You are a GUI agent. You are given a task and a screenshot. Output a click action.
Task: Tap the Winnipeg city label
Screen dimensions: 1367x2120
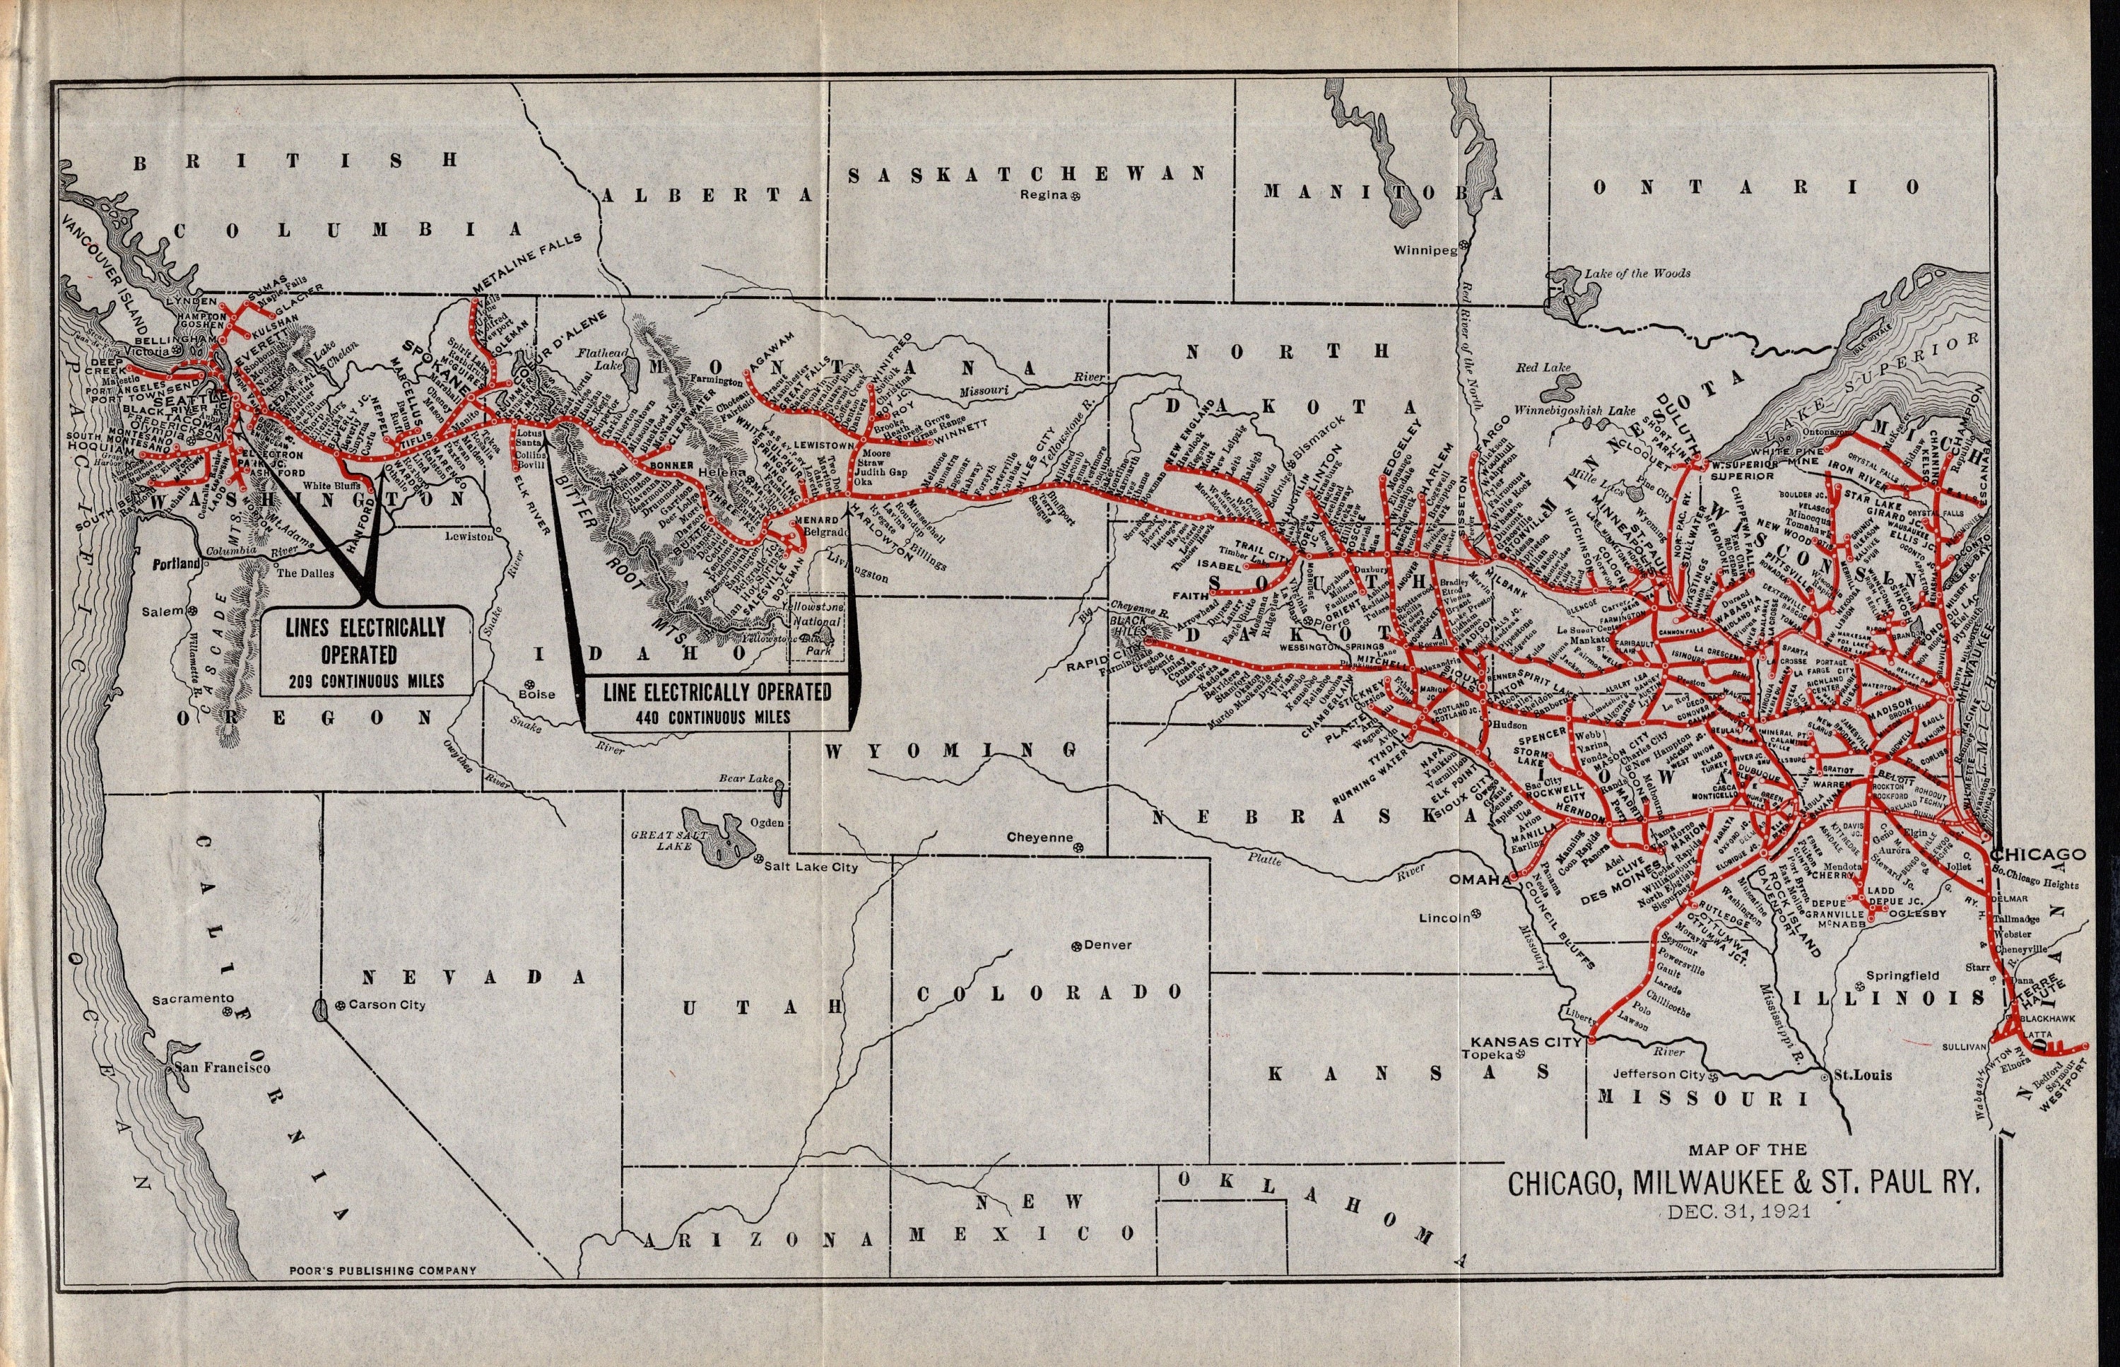pos(1424,250)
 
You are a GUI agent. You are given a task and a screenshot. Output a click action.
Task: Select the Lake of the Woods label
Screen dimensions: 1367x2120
pos(1637,274)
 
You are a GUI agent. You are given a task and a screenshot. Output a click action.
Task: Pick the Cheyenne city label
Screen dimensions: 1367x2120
pos(1039,837)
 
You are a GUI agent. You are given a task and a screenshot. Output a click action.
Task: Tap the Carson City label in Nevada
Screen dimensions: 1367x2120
pos(386,1005)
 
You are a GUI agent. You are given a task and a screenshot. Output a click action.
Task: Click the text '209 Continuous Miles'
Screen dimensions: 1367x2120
pos(365,681)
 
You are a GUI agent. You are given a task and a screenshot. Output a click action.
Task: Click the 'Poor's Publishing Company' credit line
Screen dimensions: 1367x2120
pos(382,1270)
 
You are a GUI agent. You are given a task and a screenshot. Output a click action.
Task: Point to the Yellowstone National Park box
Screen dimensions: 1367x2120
pos(818,629)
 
